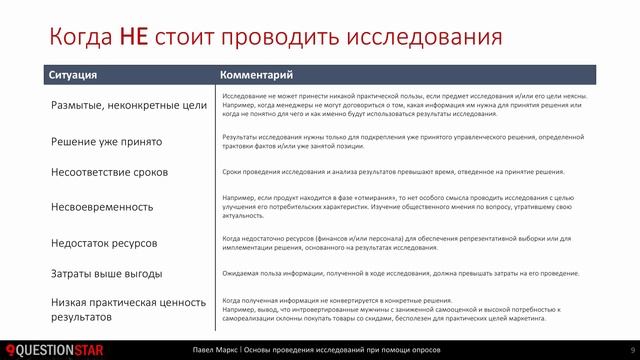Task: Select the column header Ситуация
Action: pos(75,75)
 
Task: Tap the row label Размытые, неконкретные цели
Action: pos(128,104)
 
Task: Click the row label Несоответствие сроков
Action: pos(109,172)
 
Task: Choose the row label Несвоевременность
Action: pos(101,207)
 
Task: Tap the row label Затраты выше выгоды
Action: pos(106,273)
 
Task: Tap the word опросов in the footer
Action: pos(418,350)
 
